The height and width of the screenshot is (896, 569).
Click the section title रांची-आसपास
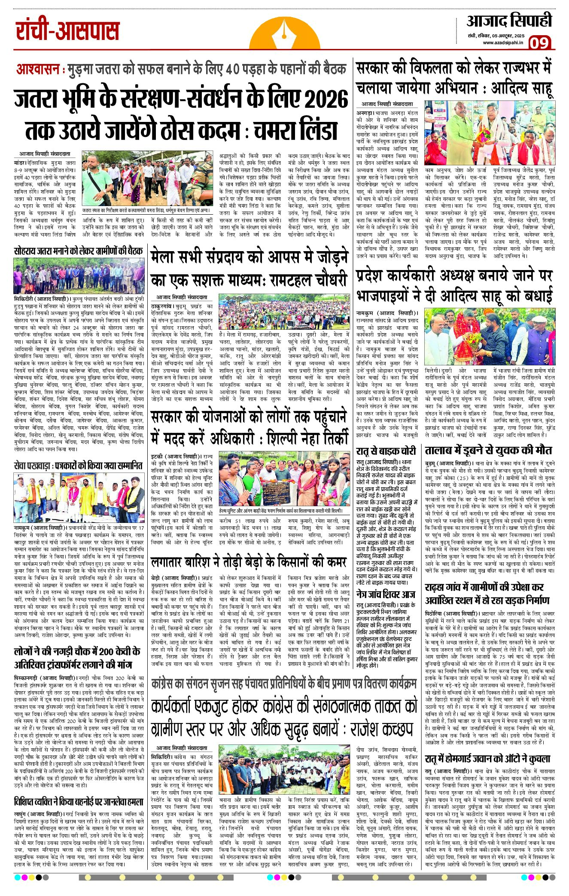pos(67,31)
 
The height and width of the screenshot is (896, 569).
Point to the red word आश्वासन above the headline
pos(40,69)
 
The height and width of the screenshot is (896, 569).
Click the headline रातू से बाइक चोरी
pos(386,451)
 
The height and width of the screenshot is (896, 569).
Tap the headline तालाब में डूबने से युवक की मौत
pos(488,450)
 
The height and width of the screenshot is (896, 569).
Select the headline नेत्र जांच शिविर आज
pos(386,595)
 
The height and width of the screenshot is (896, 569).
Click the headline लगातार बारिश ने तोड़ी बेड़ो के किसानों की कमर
pos(249,562)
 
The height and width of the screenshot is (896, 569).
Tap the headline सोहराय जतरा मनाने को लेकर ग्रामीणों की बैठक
pos(78,251)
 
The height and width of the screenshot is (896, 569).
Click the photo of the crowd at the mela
pos(284,312)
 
